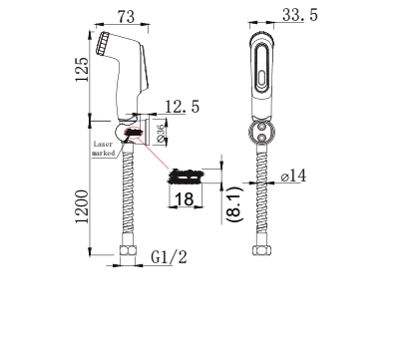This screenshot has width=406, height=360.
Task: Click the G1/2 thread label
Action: [170, 258]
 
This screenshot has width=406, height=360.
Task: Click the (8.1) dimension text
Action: [232, 195]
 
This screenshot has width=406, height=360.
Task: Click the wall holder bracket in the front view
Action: [262, 130]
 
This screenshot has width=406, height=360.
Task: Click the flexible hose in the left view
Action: [128, 199]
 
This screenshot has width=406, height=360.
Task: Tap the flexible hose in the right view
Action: [262, 199]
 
